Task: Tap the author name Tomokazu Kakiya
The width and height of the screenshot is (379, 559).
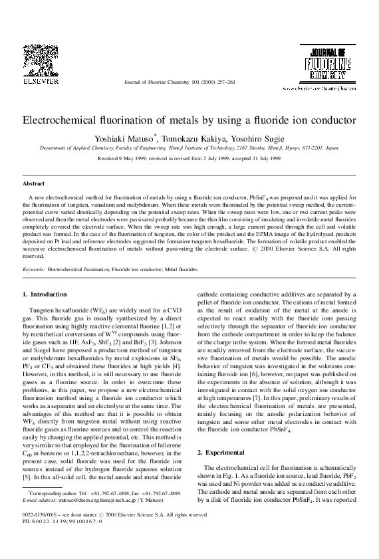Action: (188, 138)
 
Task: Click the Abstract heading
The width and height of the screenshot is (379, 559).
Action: (34, 182)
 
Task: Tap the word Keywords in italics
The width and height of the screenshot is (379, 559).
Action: (34, 271)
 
